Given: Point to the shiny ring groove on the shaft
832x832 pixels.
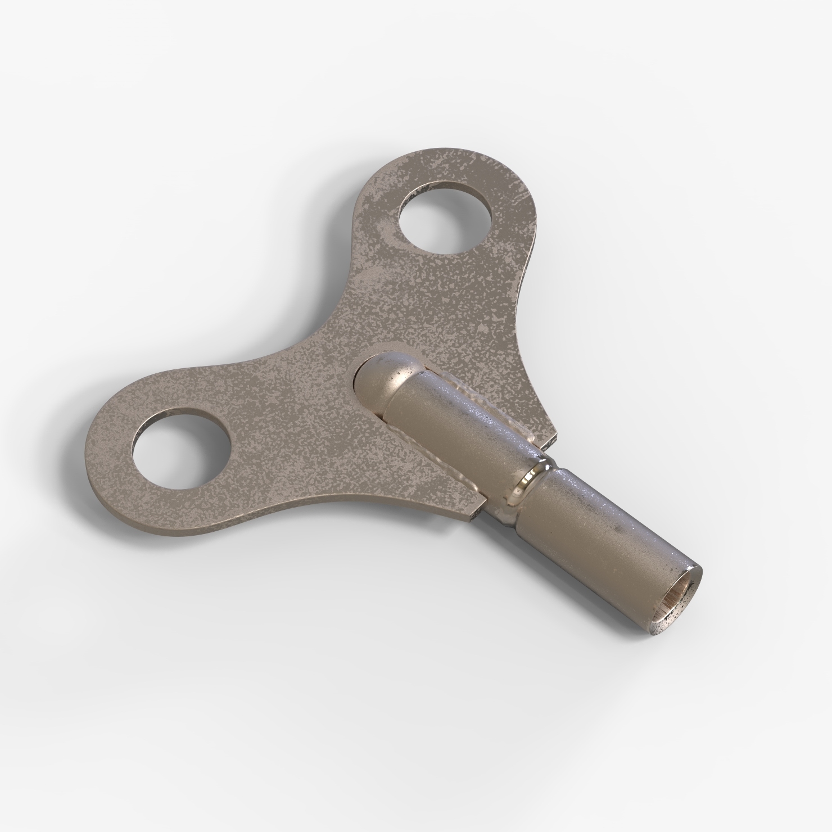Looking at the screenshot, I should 531,482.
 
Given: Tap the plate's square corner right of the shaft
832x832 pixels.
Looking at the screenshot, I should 554,436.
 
